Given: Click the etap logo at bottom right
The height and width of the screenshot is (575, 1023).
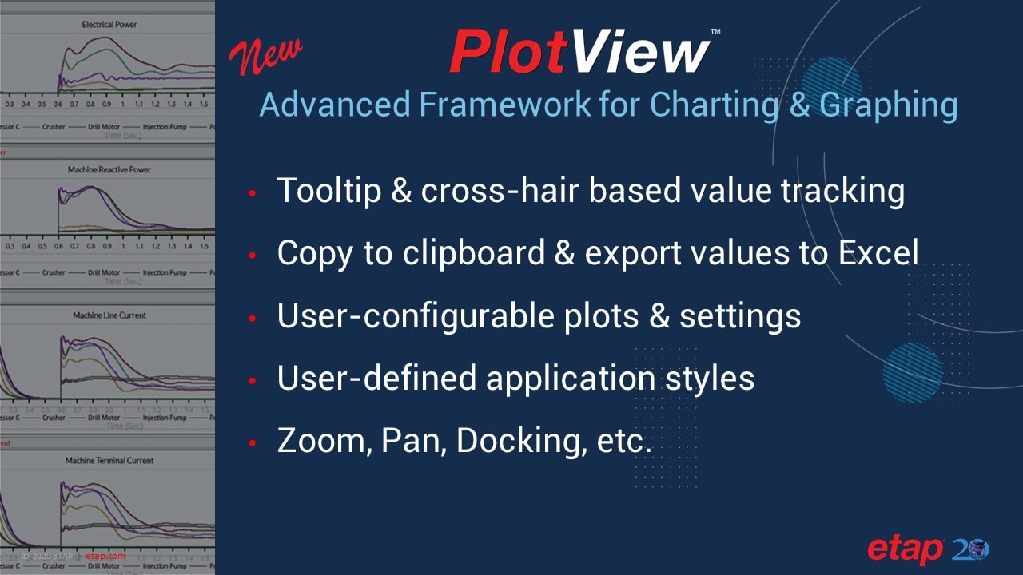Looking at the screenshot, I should coord(906,549).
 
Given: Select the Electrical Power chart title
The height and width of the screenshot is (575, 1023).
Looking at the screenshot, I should coord(109,25).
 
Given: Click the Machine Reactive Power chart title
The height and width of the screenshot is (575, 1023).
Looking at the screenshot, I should coord(109,170).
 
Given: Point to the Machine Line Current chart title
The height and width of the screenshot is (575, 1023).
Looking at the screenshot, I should coord(109,315).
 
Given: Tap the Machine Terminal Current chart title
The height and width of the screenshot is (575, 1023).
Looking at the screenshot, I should coord(109,461).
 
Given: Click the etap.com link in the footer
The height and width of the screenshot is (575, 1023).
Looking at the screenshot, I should coord(105,556).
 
